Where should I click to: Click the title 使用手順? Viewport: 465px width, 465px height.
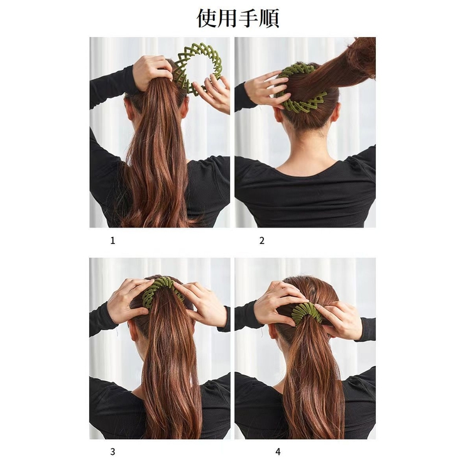coord(238,18)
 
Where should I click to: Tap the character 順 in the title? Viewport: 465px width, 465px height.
coord(269,18)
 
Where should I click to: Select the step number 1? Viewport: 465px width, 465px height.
coord(112,240)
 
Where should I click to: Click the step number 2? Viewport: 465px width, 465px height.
coord(262,240)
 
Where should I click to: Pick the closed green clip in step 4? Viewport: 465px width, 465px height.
coord(306,312)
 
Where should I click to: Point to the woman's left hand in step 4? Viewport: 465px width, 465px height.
coord(276,302)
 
